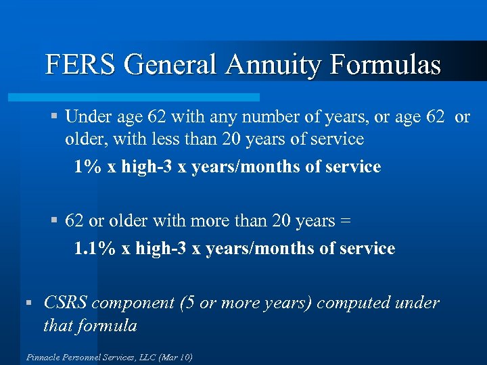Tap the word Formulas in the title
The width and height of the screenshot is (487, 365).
point(385,65)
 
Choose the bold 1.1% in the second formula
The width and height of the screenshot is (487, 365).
point(94,248)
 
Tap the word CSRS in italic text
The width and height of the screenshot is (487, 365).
point(65,303)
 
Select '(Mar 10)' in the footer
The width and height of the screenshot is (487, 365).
point(175,357)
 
